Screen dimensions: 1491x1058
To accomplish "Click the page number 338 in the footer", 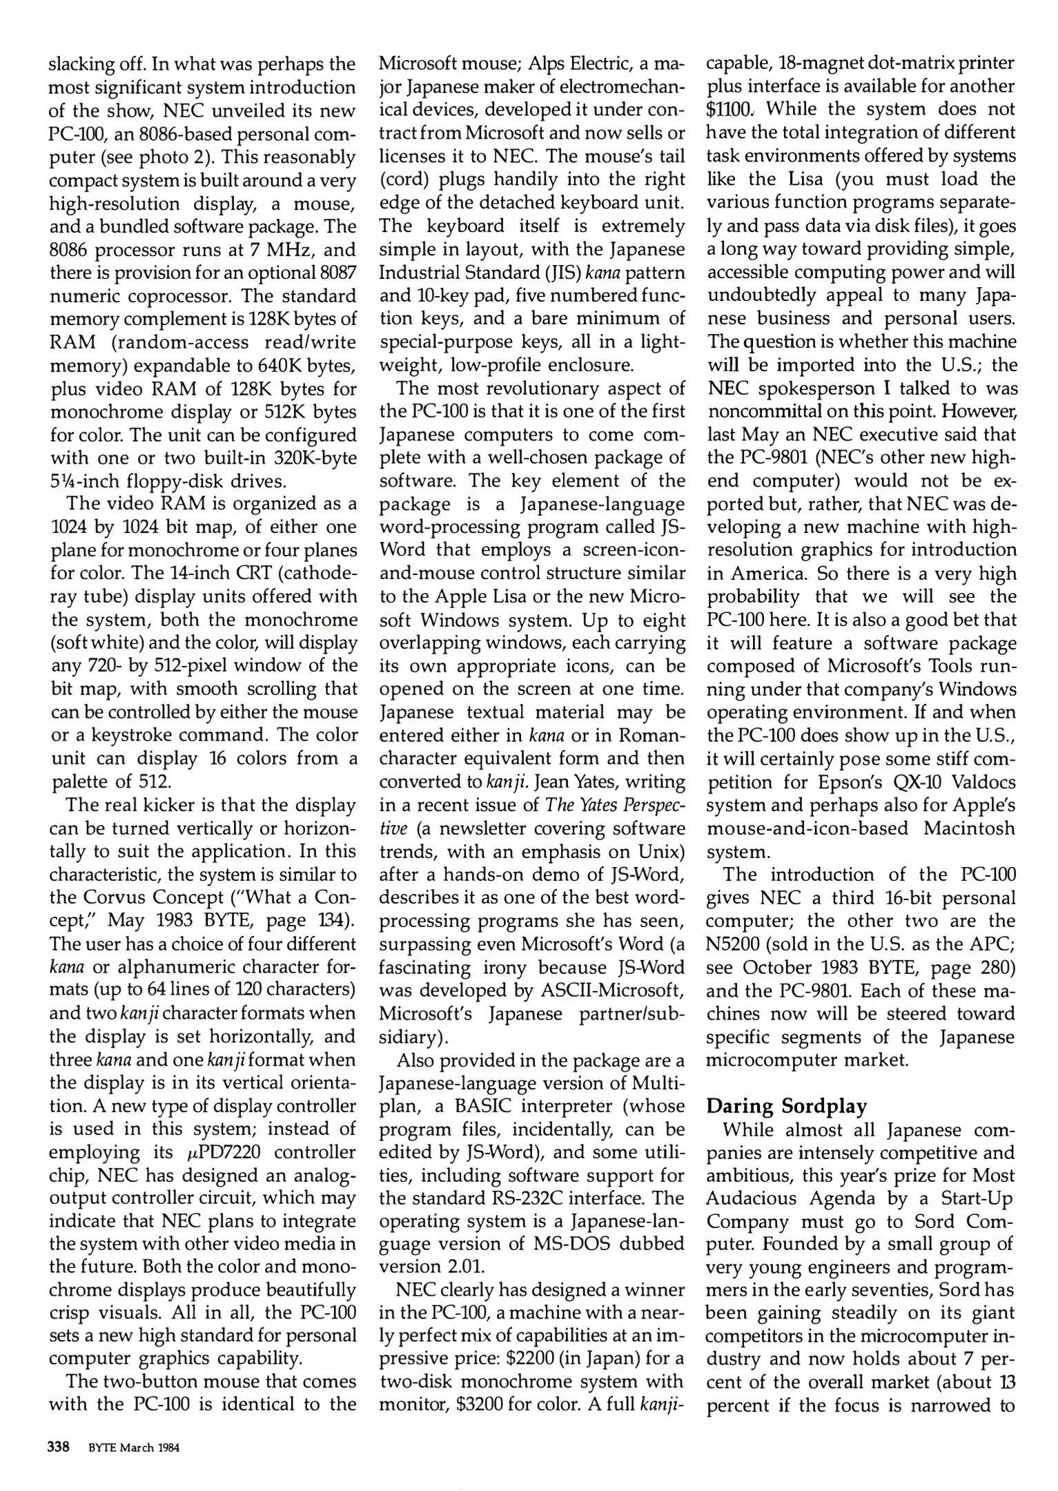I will [x=59, y=1447].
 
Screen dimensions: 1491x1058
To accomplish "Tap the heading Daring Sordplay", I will [x=786, y=1107].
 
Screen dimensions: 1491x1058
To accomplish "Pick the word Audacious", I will [x=752, y=1198].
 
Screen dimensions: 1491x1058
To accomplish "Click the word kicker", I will [x=180, y=805].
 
